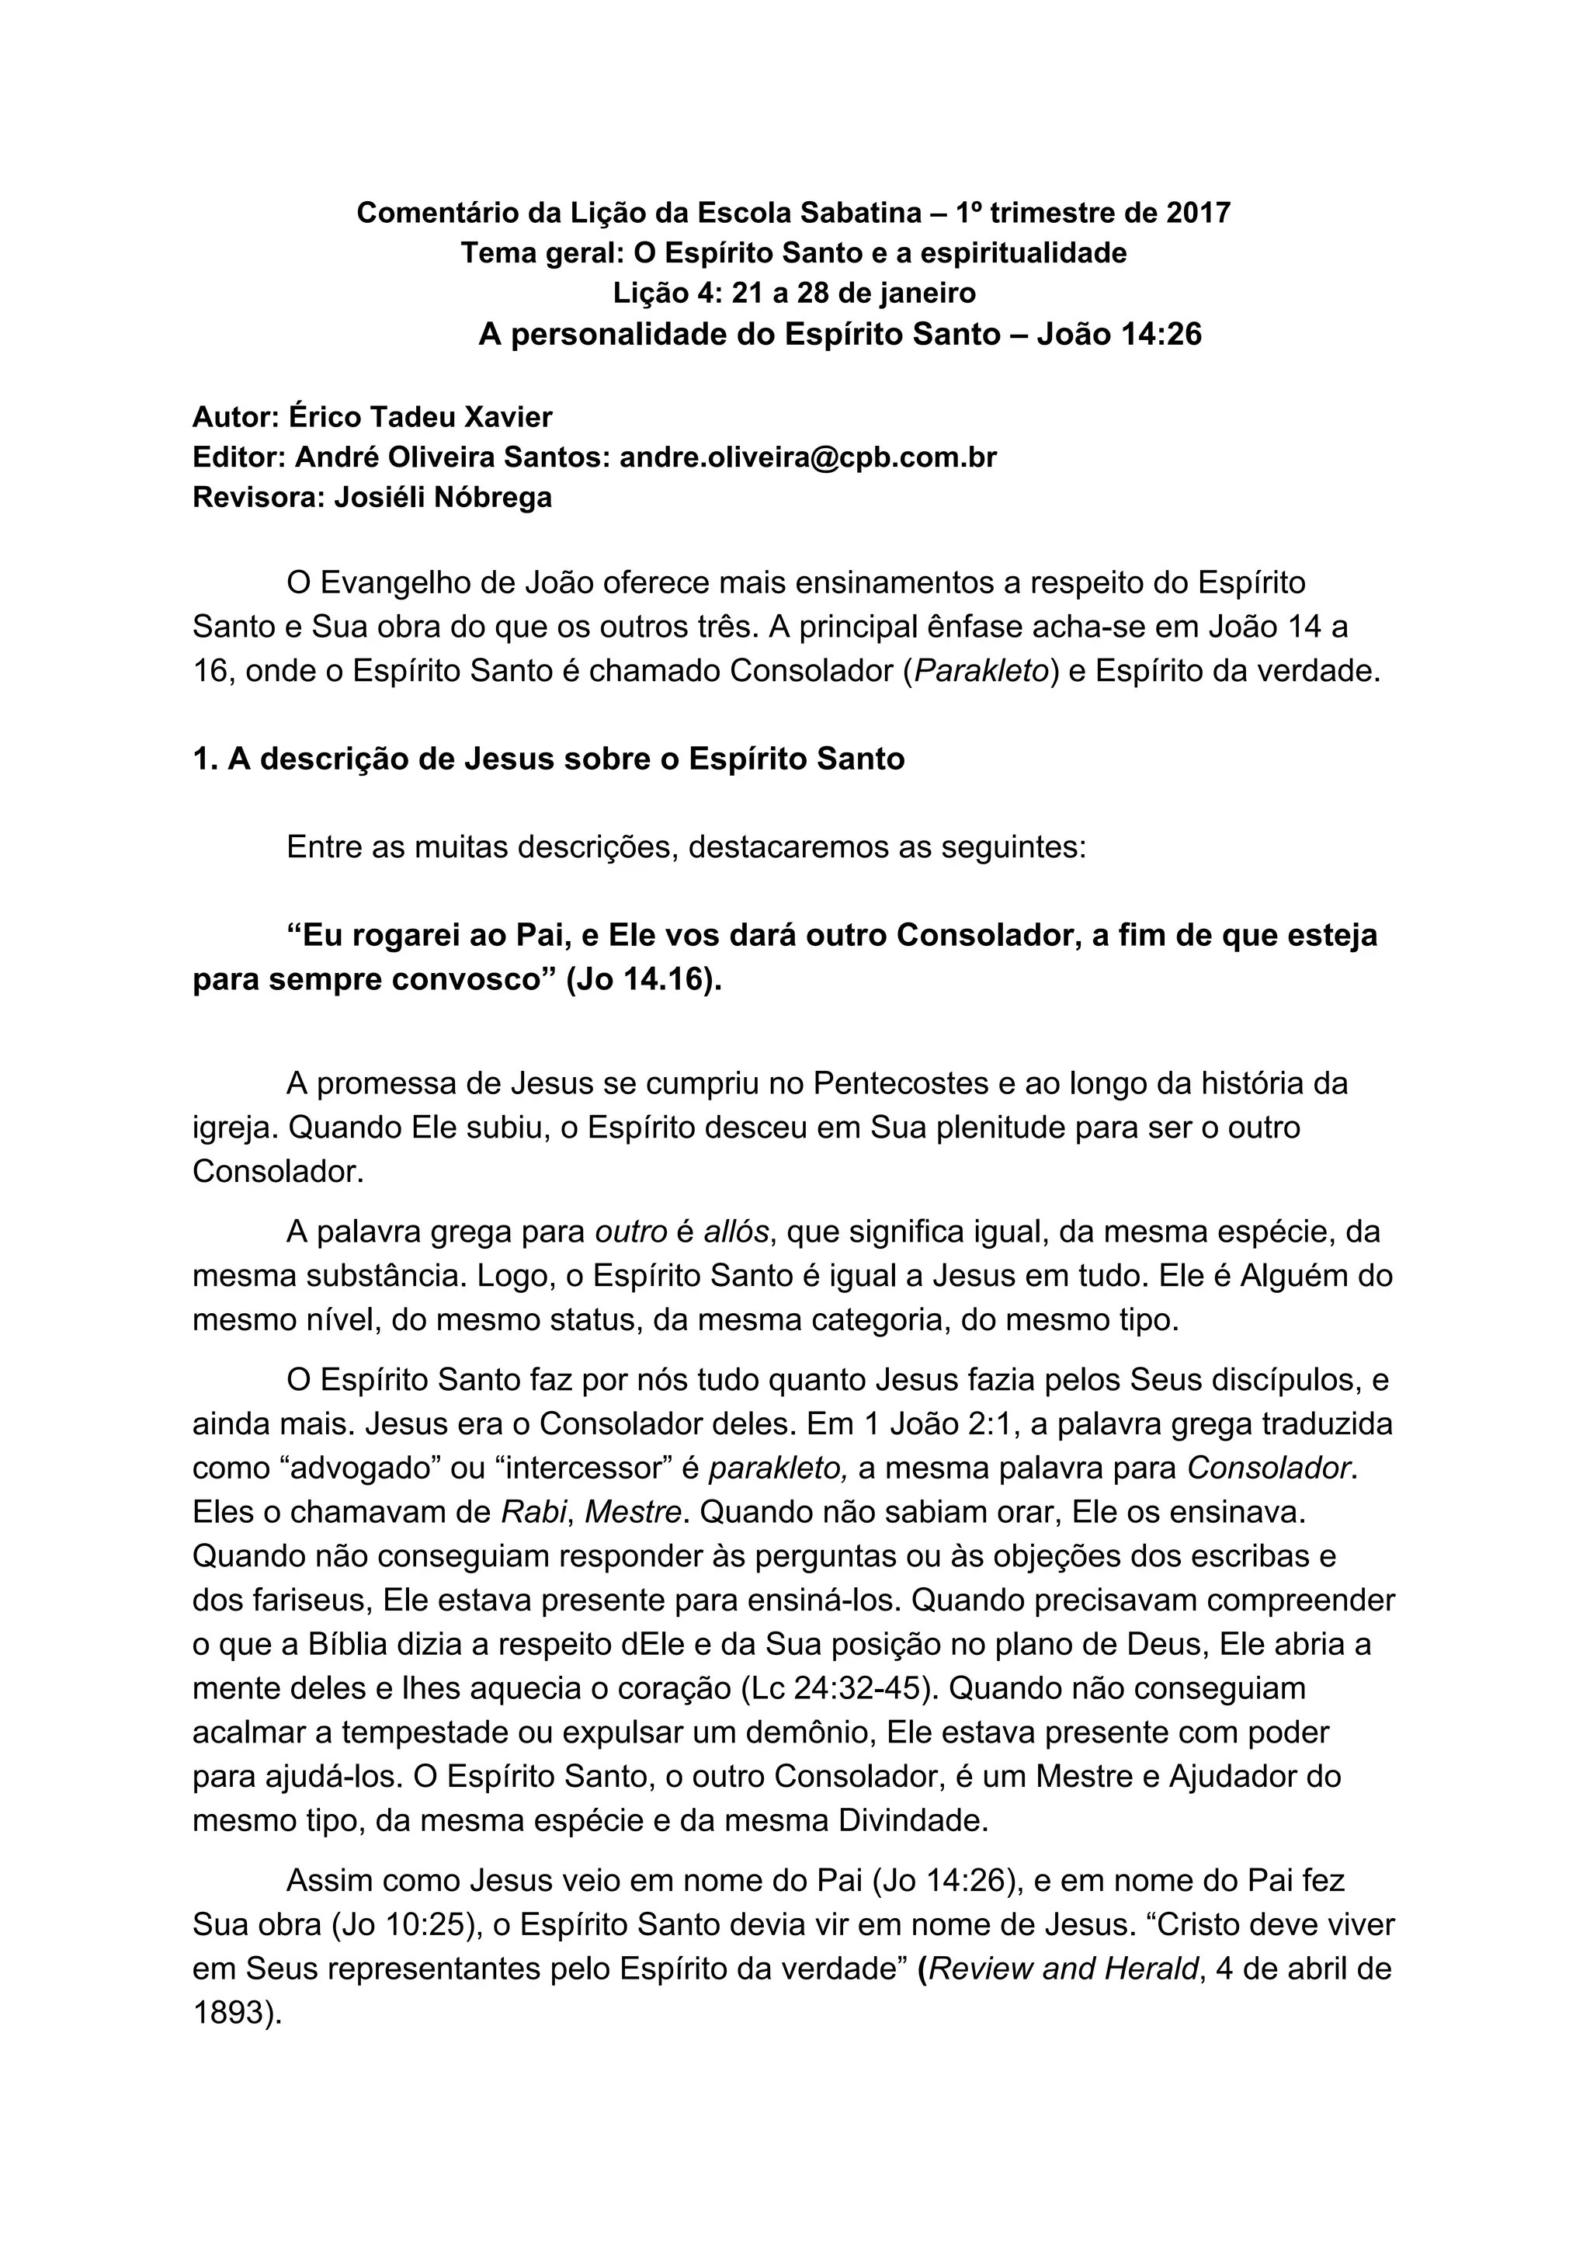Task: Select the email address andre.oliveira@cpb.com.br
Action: click(808, 457)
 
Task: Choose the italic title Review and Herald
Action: click(1064, 1969)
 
